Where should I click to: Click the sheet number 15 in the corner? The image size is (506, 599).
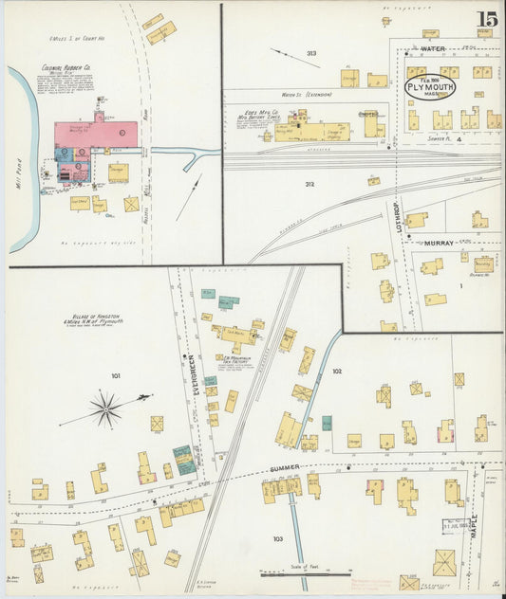[x=486, y=19]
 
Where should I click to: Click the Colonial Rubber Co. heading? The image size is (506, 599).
[x=66, y=68]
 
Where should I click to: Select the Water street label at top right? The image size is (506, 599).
[x=432, y=47]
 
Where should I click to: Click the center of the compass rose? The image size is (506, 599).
[x=105, y=408]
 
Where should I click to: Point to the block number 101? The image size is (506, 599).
[x=115, y=376]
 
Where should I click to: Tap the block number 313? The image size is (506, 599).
[x=310, y=53]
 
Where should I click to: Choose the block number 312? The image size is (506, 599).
[x=309, y=183]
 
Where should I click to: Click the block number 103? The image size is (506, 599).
[x=277, y=538]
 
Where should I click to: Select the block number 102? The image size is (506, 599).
[x=336, y=372]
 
